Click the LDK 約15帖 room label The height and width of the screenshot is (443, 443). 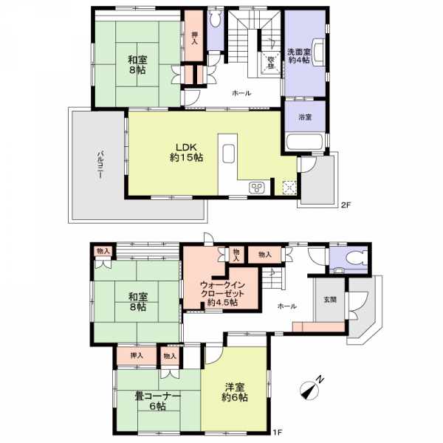pyautogui.click(x=186, y=153)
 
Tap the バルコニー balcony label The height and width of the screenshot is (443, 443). pyautogui.click(x=100, y=165)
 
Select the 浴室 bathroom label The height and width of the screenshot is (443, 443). pyautogui.click(x=305, y=117)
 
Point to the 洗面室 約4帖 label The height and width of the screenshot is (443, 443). pyautogui.click(x=299, y=56)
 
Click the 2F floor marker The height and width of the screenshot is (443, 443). pyautogui.click(x=346, y=205)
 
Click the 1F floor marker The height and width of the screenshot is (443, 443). pyautogui.click(x=277, y=432)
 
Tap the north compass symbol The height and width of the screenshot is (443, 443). pyautogui.click(x=312, y=388)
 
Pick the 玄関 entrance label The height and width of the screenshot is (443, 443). pyautogui.click(x=330, y=299)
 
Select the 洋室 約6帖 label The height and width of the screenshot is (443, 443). pyautogui.click(x=235, y=392)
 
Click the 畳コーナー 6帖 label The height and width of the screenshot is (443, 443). pyautogui.click(x=158, y=402)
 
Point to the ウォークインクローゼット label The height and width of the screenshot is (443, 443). pyautogui.click(x=222, y=294)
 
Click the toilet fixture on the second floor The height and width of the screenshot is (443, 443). pyautogui.click(x=216, y=19)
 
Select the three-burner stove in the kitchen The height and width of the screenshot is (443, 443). pyautogui.click(x=257, y=188)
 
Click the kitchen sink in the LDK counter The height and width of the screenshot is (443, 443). pyautogui.click(x=228, y=154)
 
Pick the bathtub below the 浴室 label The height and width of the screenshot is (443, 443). pyautogui.click(x=305, y=143)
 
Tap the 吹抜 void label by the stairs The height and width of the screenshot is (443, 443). pyautogui.click(x=271, y=63)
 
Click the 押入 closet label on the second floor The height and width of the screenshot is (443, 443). pyautogui.click(x=194, y=38)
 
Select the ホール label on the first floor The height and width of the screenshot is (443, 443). pyautogui.click(x=287, y=306)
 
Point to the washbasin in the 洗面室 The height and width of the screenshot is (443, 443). pyautogui.click(x=319, y=52)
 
